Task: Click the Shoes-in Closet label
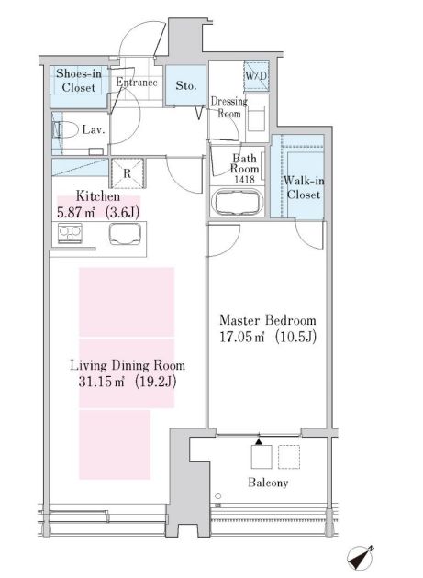pos(79,80)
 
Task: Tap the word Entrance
pos(138,83)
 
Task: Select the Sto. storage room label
pos(186,85)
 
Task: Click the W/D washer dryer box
pos(254,76)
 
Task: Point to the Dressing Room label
pos(227,107)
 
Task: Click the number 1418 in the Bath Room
pos(245,181)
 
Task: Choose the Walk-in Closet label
pos(302,187)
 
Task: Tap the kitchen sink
pos(126,236)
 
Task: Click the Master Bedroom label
pos(267,320)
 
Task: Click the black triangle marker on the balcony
pos(259,443)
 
